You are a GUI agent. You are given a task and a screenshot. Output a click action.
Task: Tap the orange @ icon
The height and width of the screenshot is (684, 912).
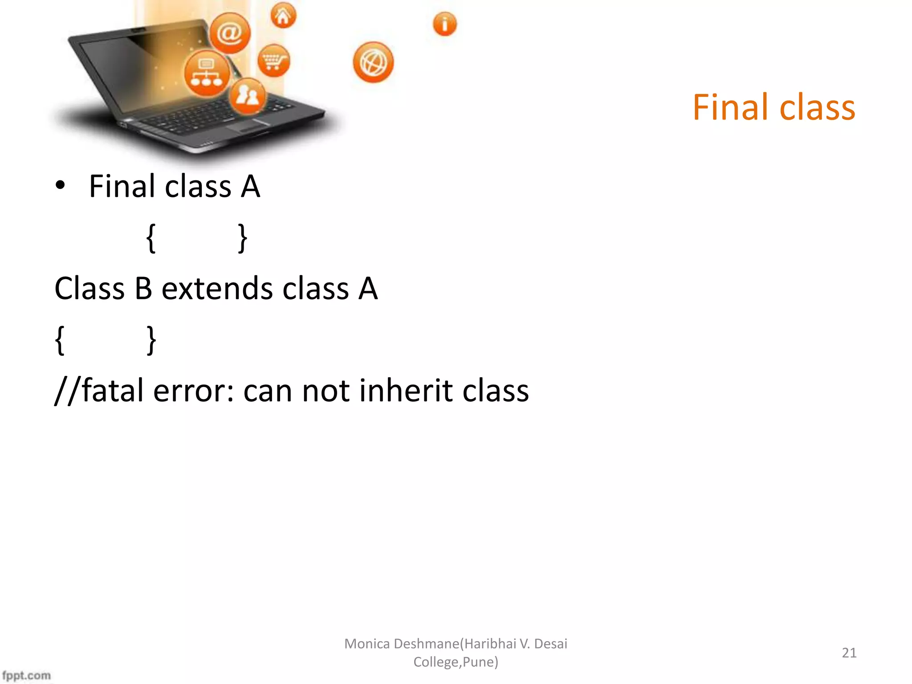[x=230, y=33]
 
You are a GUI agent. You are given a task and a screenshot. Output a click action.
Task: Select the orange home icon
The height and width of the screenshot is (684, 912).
[x=283, y=16]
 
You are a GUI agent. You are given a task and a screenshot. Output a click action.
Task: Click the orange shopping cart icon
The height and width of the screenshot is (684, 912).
[x=273, y=60]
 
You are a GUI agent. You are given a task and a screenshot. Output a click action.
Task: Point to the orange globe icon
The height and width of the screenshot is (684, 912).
[x=373, y=62]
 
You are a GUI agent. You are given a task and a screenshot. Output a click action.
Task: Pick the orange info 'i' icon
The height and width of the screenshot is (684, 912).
[x=444, y=24]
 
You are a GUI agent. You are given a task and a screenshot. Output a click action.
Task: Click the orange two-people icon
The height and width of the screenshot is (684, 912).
[x=248, y=95]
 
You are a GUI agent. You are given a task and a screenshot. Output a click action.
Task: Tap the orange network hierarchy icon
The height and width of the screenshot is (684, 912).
[x=207, y=73]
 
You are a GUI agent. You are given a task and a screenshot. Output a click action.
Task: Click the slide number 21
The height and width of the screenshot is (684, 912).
[x=849, y=653]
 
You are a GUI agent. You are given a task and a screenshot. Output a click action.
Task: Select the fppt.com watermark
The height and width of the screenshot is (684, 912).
[x=26, y=676]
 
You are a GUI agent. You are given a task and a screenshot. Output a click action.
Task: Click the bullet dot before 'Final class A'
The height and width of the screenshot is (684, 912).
[x=60, y=186]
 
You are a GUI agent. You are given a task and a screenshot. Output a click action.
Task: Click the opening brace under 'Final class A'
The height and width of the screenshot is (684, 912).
[x=151, y=238]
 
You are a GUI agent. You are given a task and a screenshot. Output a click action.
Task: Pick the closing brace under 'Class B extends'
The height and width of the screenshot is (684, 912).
[x=151, y=340]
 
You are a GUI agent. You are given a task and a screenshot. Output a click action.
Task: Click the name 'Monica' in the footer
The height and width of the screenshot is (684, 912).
[x=367, y=643]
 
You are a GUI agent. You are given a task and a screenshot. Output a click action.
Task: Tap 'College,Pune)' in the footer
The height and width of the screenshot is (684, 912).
[x=456, y=662]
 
